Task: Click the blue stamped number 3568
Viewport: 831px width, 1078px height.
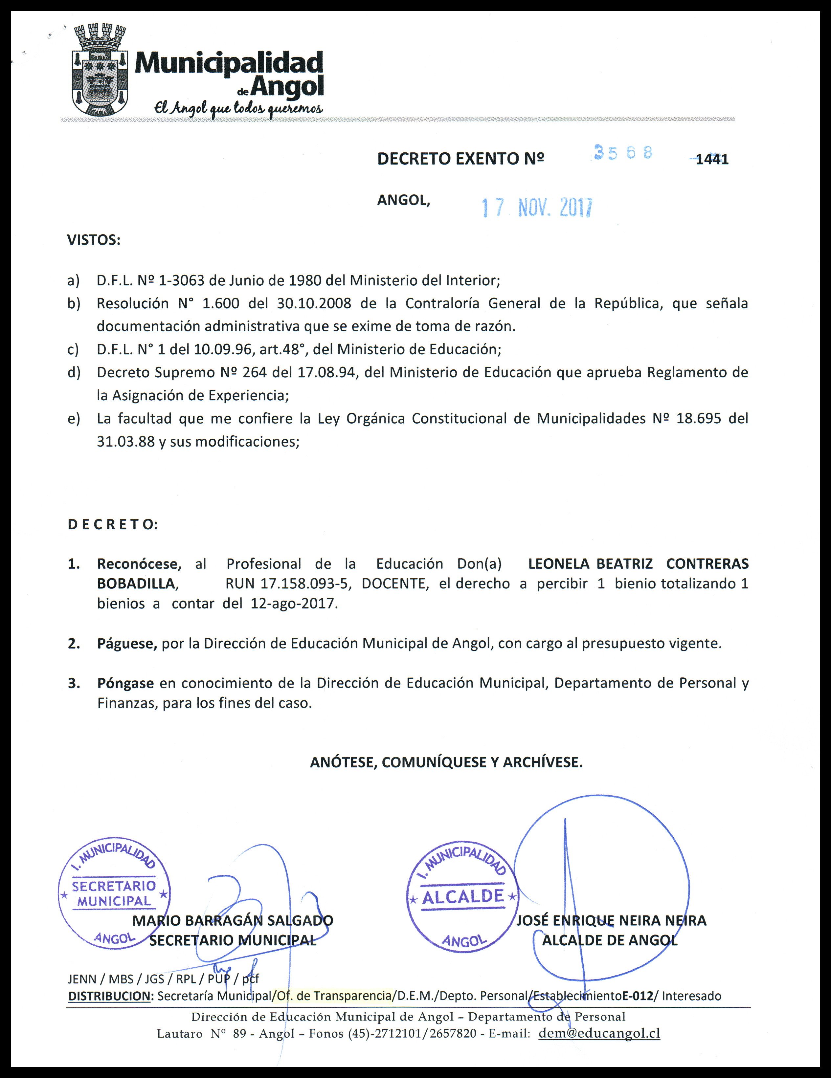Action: [x=623, y=152]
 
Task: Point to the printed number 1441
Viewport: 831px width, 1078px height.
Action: [x=712, y=160]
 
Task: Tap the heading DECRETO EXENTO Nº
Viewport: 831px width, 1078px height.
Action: [x=460, y=159]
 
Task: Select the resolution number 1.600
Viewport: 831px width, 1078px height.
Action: [x=221, y=303]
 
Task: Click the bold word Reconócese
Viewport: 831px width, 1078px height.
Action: [x=139, y=564]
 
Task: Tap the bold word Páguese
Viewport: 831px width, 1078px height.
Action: [x=127, y=644]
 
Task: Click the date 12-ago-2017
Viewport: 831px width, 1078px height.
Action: [x=292, y=604]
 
